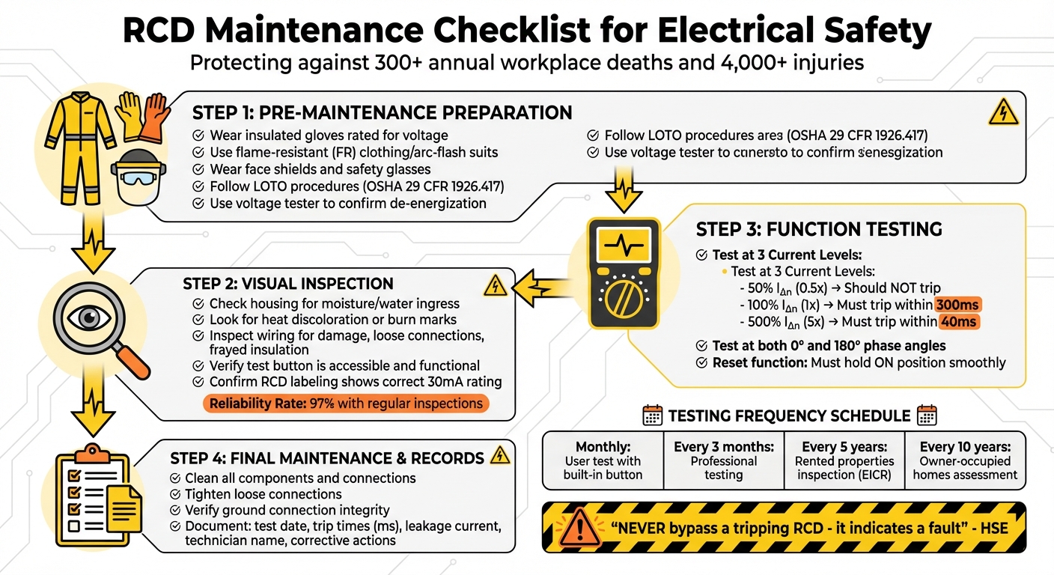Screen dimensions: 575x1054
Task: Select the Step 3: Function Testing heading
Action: tap(819, 229)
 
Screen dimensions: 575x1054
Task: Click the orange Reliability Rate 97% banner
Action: tap(346, 404)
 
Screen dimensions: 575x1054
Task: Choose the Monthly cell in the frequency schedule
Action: tap(603, 460)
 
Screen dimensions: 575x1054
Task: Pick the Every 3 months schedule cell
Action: tap(723, 460)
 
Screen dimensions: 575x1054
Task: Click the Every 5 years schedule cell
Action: tap(844, 460)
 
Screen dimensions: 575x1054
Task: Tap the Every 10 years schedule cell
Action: tap(964, 460)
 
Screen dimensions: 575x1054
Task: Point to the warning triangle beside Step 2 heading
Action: tap(495, 285)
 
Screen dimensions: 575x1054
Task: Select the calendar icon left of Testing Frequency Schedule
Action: tap(653, 416)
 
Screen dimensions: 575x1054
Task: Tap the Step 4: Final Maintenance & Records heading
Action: tap(327, 458)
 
